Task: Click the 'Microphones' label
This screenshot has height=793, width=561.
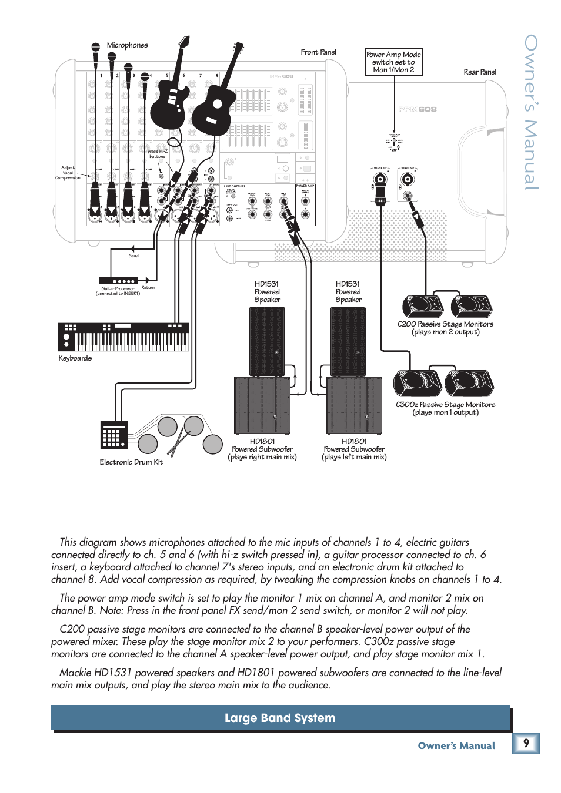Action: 127,45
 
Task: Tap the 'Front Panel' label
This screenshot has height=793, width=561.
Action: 318,52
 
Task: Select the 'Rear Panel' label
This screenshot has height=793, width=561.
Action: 480,72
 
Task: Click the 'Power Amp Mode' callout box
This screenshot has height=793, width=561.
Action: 393,62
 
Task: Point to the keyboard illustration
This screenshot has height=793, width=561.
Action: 123,337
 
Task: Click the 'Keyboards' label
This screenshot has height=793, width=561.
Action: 75,358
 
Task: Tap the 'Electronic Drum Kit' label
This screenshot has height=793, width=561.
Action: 131,462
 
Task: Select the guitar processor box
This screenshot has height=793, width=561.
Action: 118,281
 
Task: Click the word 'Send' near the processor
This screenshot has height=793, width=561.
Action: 133,256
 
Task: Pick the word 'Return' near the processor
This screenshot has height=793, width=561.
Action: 148,288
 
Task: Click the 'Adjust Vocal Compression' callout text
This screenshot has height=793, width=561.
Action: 68,173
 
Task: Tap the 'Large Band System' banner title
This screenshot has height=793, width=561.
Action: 280,718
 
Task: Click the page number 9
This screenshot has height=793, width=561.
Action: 526,743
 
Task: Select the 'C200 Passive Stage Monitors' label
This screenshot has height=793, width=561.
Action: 445,328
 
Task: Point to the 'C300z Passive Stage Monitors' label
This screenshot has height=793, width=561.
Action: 445,408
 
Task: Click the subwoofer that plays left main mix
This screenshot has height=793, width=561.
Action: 354,406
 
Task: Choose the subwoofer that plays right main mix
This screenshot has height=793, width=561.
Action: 262,406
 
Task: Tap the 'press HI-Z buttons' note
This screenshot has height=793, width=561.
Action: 157,154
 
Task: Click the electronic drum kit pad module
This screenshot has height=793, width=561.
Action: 113,435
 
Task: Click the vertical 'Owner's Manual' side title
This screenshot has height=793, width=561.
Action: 531,112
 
